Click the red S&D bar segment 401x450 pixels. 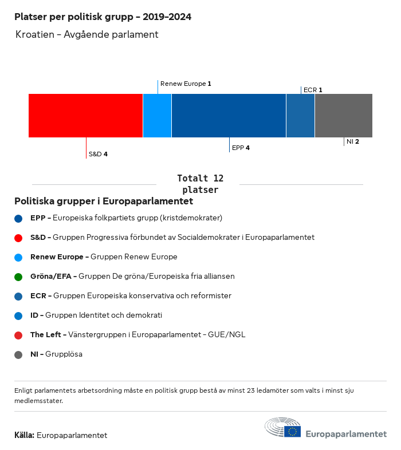tap(85, 116)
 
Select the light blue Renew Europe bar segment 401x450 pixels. tap(157, 116)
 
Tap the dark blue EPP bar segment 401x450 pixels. tap(229, 116)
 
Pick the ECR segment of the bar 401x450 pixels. tap(300, 116)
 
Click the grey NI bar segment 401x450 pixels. tap(344, 116)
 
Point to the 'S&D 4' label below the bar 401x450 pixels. tap(98, 154)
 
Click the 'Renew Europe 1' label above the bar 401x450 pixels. tap(186, 84)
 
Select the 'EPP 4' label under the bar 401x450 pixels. tap(241, 148)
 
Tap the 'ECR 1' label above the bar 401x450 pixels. tap(313, 90)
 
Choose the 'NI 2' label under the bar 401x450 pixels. tap(353, 141)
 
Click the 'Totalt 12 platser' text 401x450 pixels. tap(200, 184)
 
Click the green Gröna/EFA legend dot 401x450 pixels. tap(18, 277)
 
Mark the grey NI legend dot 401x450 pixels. tap(18, 354)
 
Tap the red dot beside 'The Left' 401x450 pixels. tap(18, 335)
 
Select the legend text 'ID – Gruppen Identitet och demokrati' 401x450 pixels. tap(96, 315)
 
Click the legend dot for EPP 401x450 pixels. tap(18, 218)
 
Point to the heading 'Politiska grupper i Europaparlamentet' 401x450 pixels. tap(104, 202)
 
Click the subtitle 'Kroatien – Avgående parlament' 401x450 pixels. tap(87, 35)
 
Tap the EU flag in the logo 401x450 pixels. tap(293, 431)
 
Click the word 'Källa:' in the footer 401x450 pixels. tap(24, 435)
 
